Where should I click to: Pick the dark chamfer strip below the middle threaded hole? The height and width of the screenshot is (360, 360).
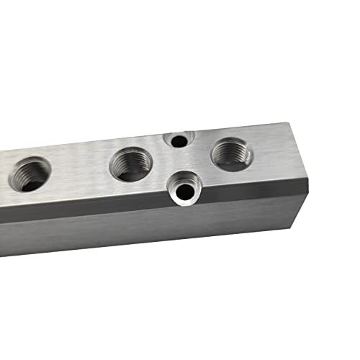tap(130, 204)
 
